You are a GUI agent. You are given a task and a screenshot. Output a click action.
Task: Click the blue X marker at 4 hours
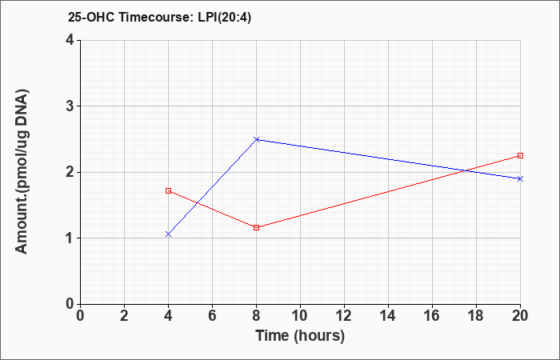pyautogui.click(x=168, y=234)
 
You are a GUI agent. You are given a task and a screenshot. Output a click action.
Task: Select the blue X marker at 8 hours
pyautogui.click(x=257, y=139)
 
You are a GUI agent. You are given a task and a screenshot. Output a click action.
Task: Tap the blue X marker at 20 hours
pyautogui.click(x=520, y=178)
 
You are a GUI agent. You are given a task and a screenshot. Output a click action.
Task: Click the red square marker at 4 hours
pyautogui.click(x=168, y=190)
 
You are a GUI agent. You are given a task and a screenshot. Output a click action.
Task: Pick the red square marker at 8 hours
pyautogui.click(x=257, y=227)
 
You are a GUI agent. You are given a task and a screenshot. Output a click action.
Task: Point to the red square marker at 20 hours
pyautogui.click(x=520, y=156)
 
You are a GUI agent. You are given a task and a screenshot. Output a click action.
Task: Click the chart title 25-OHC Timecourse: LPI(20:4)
pyautogui.click(x=159, y=18)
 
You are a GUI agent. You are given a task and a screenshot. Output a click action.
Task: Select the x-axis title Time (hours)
pyautogui.click(x=300, y=336)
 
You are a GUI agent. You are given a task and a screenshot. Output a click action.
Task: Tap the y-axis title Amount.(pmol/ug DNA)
pyautogui.click(x=22, y=172)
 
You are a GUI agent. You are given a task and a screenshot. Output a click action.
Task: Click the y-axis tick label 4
pyautogui.click(x=70, y=40)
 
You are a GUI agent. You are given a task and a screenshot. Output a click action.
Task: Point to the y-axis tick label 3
pyautogui.click(x=70, y=106)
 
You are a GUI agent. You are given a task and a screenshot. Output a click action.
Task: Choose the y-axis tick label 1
pyautogui.click(x=70, y=238)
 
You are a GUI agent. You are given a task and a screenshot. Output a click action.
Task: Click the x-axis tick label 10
pyautogui.click(x=300, y=316)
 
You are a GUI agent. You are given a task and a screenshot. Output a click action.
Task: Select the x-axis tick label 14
pyautogui.click(x=388, y=316)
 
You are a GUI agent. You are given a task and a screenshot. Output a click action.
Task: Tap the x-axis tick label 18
pyautogui.click(x=477, y=316)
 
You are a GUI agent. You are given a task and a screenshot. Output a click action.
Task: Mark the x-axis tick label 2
pyautogui.click(x=124, y=316)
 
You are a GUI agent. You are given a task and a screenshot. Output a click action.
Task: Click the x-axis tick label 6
pyautogui.click(x=212, y=316)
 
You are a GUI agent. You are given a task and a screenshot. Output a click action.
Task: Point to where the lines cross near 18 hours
pyautogui.click(x=466, y=170)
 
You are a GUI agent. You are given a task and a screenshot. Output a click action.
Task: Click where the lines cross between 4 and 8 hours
pyautogui.click(x=197, y=203)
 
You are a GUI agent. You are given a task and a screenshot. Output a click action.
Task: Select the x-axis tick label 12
pyautogui.click(x=344, y=316)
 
